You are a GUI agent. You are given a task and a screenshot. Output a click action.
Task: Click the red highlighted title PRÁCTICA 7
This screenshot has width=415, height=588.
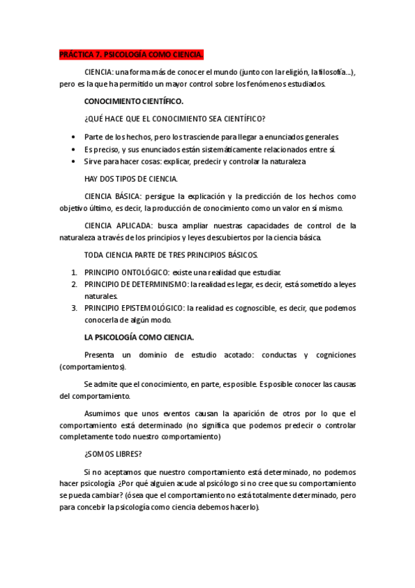click(132, 55)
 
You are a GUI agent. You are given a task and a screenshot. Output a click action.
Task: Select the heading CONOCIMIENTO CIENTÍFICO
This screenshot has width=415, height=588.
click(134, 101)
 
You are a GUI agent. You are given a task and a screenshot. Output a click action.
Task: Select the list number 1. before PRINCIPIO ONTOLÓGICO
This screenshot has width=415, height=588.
click(74, 273)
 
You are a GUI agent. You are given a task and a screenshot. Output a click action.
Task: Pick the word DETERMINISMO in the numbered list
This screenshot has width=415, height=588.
click(159, 284)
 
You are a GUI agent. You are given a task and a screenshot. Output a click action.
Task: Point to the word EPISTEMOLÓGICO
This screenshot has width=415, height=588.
click(153, 308)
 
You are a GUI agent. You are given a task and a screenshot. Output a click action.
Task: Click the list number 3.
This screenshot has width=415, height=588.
click(74, 308)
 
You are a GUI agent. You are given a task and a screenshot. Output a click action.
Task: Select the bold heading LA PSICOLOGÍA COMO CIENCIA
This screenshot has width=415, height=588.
click(139, 337)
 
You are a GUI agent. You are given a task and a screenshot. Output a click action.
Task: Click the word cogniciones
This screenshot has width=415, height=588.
click(331, 355)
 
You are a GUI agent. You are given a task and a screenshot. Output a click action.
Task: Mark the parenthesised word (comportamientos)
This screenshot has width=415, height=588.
click(93, 367)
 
